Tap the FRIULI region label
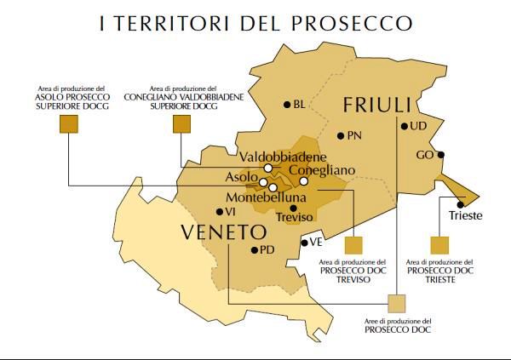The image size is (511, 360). pyautogui.click(x=377, y=106)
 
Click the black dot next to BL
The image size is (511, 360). pyautogui.click(x=287, y=105)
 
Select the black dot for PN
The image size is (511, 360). pyautogui.click(x=341, y=135)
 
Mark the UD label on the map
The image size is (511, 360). pyautogui.click(x=418, y=127)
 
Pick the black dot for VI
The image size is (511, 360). pyautogui.click(x=219, y=211)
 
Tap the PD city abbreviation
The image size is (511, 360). pyautogui.click(x=267, y=250)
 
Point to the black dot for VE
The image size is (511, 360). pyautogui.click(x=303, y=243)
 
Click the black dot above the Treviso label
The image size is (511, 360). pyautogui.click(x=293, y=208)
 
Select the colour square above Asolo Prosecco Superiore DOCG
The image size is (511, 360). pyautogui.click(x=69, y=125)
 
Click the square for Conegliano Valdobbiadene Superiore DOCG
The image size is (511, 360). pyautogui.click(x=181, y=125)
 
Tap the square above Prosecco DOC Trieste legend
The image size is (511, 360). pyautogui.click(x=439, y=245)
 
